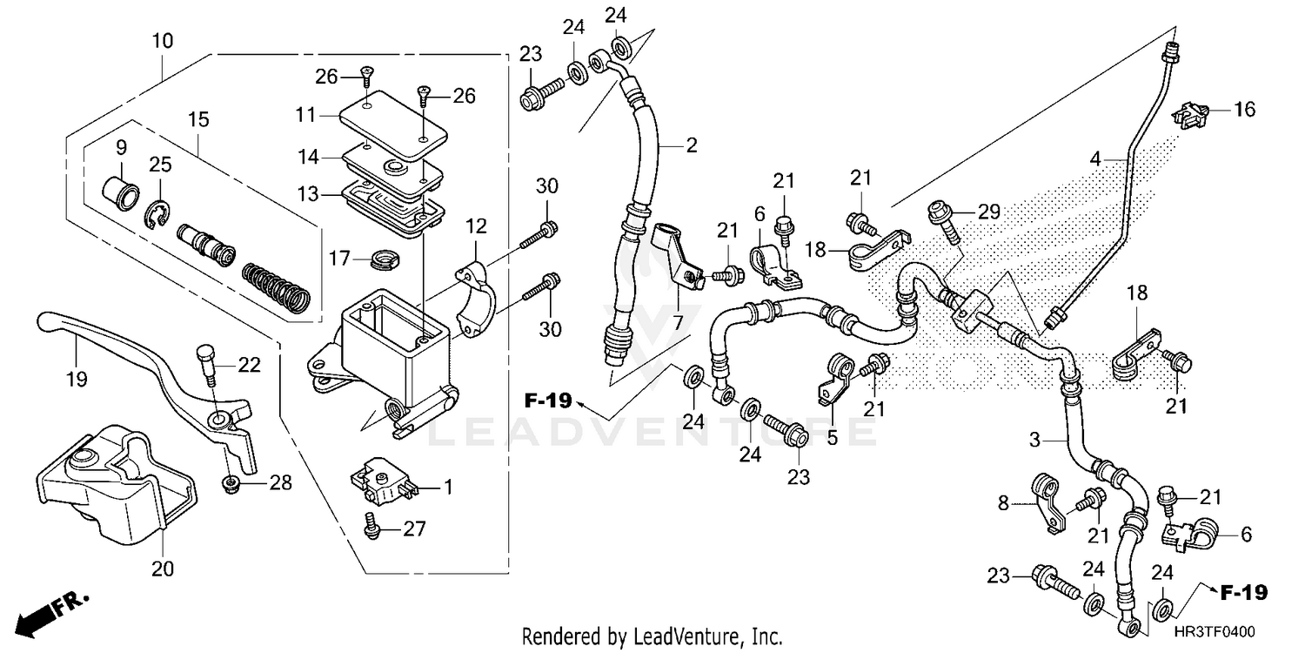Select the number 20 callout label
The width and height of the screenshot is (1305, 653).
tap(163, 569)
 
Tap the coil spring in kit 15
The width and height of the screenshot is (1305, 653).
tap(275, 286)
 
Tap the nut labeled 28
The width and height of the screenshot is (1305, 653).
tap(231, 484)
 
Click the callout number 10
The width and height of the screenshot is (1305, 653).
tap(163, 41)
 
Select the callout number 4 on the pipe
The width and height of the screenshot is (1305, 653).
tap(1121, 159)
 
